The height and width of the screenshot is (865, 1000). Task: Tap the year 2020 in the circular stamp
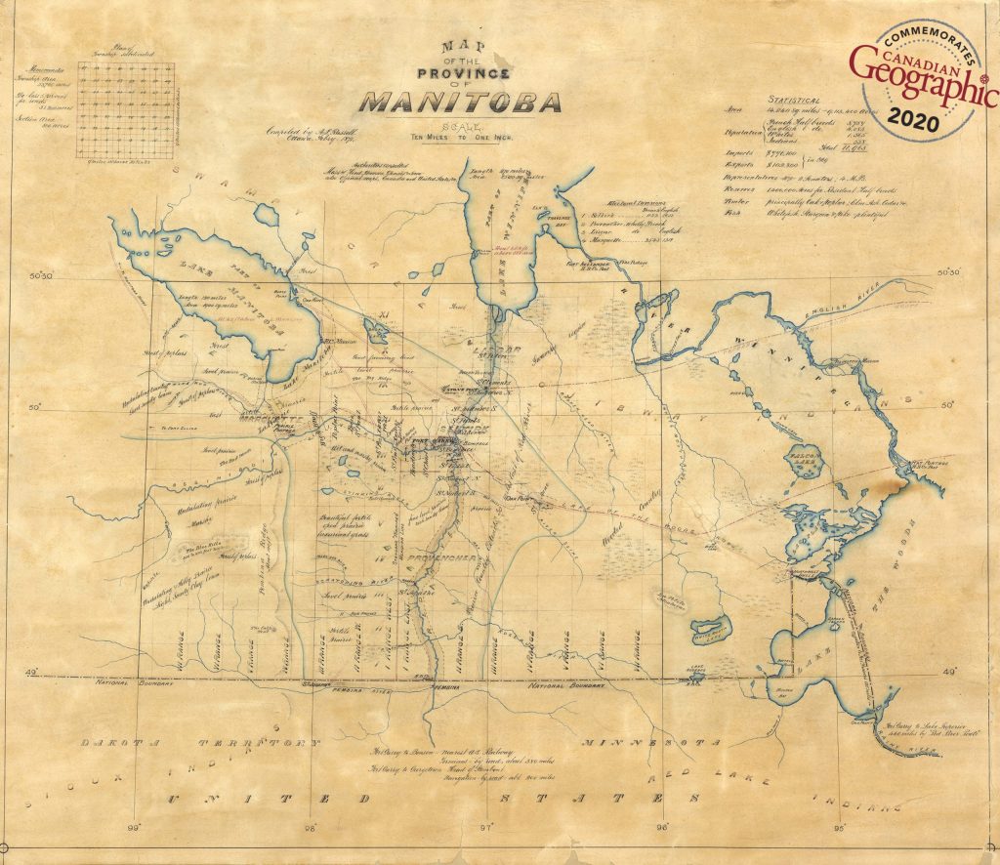point(916,121)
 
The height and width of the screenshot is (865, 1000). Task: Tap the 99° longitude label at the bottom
point(136,829)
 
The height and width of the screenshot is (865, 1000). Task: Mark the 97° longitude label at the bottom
point(486,829)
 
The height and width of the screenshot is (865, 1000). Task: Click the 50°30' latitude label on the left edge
point(41,276)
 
